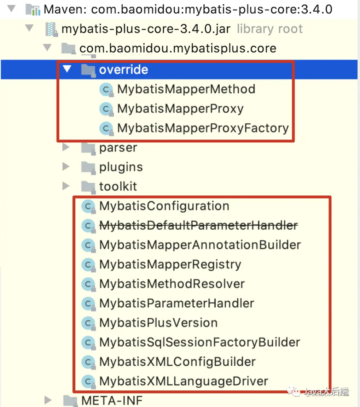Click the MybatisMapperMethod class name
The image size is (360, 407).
point(186,89)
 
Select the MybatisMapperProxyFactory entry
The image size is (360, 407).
point(203,128)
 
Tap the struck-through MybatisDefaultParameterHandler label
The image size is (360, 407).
point(199,225)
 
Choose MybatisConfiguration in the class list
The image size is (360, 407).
point(164,206)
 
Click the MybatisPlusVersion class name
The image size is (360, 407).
point(158,323)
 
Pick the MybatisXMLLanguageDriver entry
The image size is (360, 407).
point(184,381)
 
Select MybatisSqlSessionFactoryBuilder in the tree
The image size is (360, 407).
point(200,342)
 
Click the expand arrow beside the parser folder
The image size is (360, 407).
point(66,147)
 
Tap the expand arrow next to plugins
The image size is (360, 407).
point(66,166)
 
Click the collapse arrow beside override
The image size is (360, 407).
point(67,69)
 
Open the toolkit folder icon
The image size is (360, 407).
point(88,187)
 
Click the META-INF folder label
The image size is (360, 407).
point(112,401)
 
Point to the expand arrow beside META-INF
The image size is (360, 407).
point(48,400)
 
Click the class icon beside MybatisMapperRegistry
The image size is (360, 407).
point(88,265)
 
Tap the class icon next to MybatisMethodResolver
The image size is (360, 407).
point(88,284)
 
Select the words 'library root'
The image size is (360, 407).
point(269,29)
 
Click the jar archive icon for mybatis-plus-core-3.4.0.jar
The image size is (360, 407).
point(51,29)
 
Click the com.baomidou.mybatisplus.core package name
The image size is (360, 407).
point(178,48)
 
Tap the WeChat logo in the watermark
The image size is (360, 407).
point(294,391)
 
